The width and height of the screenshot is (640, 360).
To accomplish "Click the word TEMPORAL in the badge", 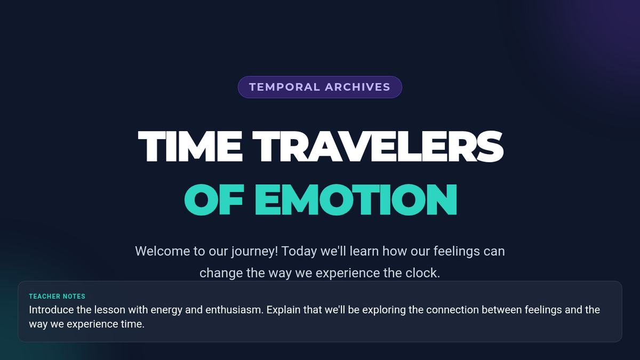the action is [x=284, y=87].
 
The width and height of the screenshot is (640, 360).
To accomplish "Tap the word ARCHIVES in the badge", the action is [x=357, y=87].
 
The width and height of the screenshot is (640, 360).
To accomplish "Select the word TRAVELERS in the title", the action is [x=378, y=147].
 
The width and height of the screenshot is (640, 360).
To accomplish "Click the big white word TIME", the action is [x=190, y=147].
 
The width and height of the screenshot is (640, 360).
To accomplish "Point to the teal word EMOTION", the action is [x=356, y=199].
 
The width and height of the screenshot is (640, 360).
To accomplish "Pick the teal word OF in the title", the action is [x=214, y=199].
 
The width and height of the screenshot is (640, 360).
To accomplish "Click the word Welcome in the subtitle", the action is [x=162, y=251].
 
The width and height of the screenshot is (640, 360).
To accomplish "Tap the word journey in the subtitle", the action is [x=254, y=252].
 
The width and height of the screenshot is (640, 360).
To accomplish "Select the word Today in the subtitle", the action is [x=299, y=252].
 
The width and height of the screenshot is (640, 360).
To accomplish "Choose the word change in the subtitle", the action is [x=221, y=274].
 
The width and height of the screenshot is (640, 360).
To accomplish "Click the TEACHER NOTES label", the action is [x=57, y=297].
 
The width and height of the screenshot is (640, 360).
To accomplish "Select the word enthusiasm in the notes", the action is [x=234, y=310].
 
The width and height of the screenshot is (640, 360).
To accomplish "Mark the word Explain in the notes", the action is [x=283, y=310].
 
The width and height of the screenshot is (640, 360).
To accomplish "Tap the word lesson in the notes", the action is [x=110, y=310].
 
